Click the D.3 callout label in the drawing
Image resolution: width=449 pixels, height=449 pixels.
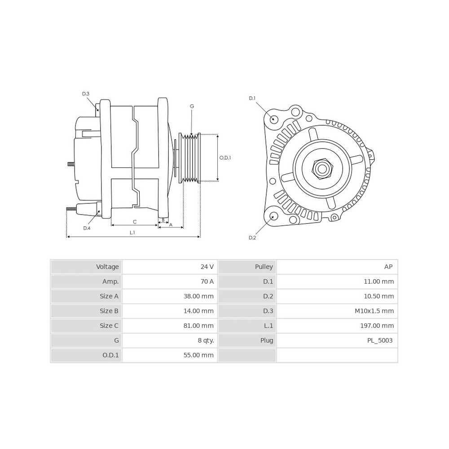[86, 94]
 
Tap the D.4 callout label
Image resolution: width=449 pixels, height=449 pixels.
[87, 228]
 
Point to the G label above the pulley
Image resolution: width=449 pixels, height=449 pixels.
[192, 106]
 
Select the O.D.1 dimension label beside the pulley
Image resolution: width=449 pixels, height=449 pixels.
[225, 158]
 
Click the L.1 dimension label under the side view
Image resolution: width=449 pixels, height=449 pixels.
[132, 233]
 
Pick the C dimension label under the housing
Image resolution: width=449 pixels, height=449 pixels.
[135, 222]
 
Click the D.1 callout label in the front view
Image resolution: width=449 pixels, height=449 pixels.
[252, 98]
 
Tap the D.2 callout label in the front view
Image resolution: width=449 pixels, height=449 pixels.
[252, 238]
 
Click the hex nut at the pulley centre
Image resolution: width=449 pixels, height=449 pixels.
[322, 169]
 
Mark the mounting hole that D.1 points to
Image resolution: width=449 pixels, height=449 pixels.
[274, 119]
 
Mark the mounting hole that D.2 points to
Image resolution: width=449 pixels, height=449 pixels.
[274, 216]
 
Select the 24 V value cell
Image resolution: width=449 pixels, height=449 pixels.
[207, 267]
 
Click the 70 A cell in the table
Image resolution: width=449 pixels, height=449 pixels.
[207, 282]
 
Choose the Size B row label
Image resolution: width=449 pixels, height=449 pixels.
[109, 311]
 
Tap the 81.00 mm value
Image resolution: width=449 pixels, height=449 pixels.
[198, 326]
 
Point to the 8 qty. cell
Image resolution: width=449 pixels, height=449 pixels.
[206, 340]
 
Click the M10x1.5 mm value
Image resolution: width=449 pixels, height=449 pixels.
[374, 311]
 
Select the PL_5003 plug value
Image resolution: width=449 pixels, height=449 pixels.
[380, 340]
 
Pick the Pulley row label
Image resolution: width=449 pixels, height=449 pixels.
[264, 267]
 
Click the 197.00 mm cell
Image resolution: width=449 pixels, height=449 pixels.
[377, 326]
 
